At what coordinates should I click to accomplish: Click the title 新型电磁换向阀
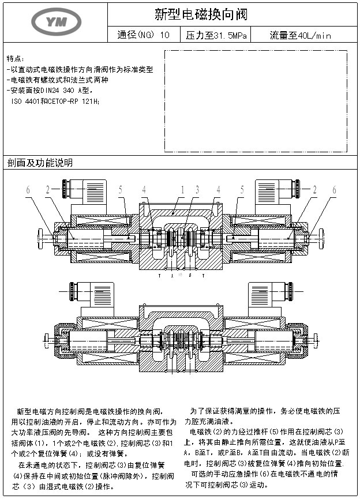coord(201,14)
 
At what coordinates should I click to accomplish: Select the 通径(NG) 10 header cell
coord(143,36)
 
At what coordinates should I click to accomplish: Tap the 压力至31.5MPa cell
coord(216,36)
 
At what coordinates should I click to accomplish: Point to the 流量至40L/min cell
coord(300,36)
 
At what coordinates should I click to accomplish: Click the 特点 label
coord(15,59)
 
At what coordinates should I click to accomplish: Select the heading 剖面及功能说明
coord(40,163)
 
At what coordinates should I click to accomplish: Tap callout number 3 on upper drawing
coord(197,189)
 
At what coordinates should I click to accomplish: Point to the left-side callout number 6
coord(27,189)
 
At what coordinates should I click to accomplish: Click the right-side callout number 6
coord(333,189)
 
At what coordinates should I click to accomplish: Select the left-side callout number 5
coord(121,189)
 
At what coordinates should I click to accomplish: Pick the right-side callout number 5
coord(242,189)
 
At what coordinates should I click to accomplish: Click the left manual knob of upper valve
coord(42,237)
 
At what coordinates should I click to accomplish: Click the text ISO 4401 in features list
coord(25,101)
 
